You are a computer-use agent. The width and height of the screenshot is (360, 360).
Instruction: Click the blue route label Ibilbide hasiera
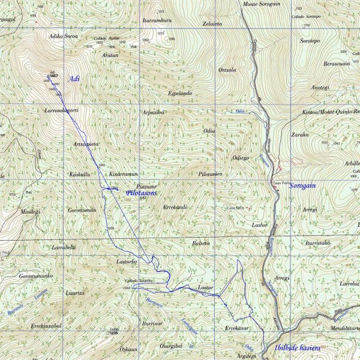click(x=296, y=348)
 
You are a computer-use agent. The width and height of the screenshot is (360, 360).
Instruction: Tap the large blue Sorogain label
click(x=302, y=186)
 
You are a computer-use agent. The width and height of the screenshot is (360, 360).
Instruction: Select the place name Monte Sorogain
click(x=261, y=4)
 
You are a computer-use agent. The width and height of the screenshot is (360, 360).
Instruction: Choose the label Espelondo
click(x=180, y=93)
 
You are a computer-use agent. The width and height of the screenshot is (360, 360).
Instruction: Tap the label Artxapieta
click(x=86, y=144)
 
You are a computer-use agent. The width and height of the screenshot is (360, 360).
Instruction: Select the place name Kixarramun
click(x=124, y=173)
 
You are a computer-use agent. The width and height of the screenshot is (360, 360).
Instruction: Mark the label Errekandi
click(x=175, y=206)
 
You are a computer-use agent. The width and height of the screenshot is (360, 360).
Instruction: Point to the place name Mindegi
click(x=30, y=211)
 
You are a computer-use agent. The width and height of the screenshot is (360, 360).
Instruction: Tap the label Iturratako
click(x=319, y=244)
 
